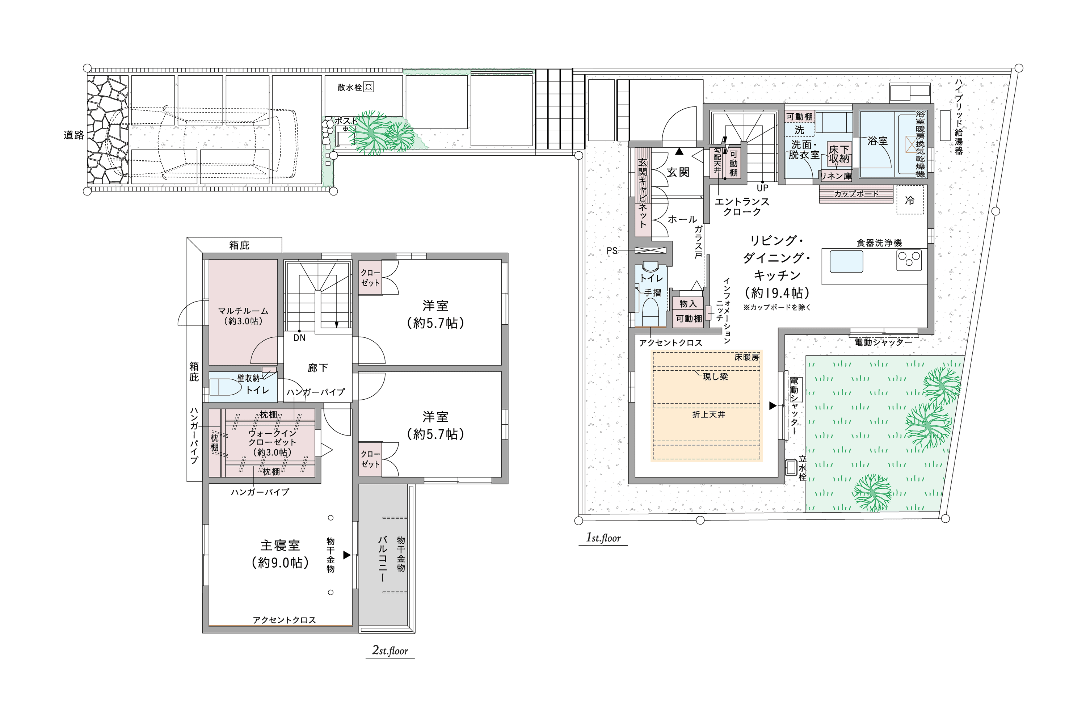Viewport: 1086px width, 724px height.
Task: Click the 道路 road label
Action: [x=74, y=135]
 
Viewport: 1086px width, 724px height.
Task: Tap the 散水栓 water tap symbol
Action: [x=369, y=87]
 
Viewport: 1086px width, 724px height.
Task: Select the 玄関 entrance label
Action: [x=678, y=172]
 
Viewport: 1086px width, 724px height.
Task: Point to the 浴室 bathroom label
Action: [x=877, y=141]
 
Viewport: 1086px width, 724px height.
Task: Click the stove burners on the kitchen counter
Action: [x=909, y=260]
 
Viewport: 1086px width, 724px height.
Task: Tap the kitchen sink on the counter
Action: [x=846, y=261]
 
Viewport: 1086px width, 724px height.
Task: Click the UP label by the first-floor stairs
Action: [x=762, y=188]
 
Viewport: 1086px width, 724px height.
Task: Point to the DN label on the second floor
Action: [x=299, y=337]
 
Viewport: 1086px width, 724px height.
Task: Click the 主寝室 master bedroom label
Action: [x=280, y=545]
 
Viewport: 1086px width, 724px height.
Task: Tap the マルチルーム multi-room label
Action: [x=243, y=311]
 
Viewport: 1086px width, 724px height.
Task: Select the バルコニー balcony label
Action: [x=382, y=558]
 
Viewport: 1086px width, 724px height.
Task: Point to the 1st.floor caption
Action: [x=603, y=538]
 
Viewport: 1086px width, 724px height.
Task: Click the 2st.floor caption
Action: [x=390, y=651]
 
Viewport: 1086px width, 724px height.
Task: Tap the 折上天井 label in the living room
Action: [x=709, y=414]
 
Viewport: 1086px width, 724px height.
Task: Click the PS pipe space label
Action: [x=612, y=251]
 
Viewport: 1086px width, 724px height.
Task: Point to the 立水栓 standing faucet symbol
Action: [x=791, y=467]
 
